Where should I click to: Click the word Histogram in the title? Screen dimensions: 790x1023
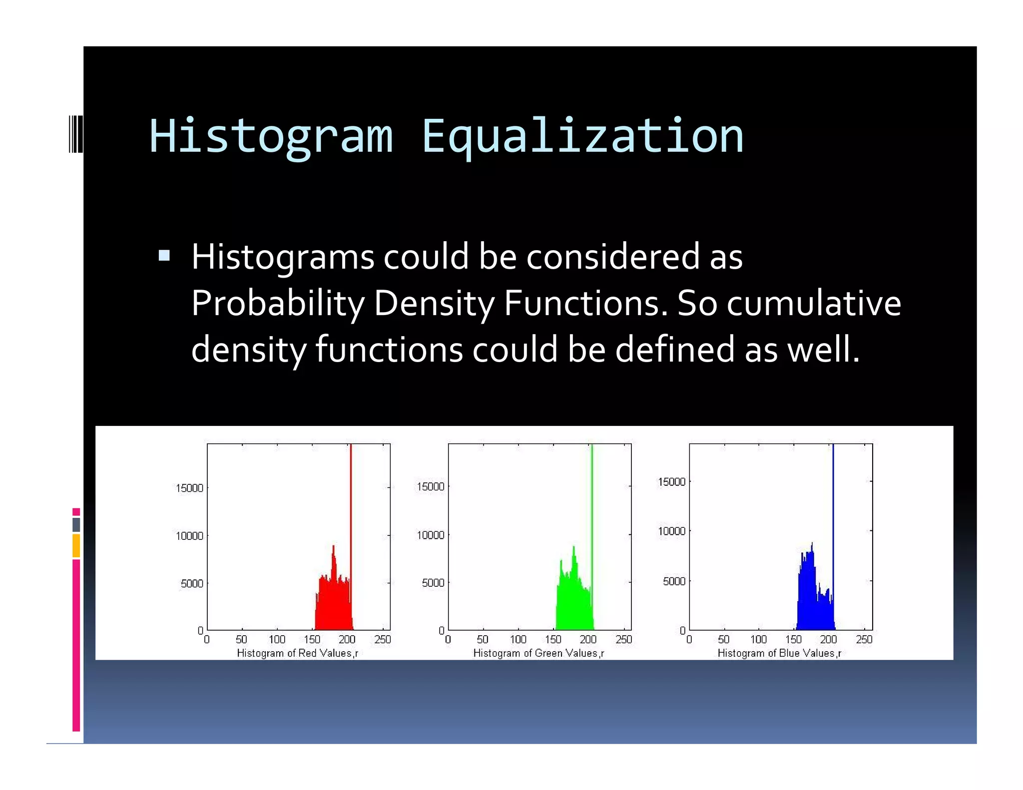click(271, 136)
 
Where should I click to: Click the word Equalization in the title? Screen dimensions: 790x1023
click(582, 136)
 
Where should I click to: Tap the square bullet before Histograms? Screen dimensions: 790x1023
click(164, 256)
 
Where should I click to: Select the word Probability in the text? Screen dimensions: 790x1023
click(278, 303)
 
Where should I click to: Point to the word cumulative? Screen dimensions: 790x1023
click(814, 303)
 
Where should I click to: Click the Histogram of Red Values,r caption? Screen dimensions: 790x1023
click(297, 653)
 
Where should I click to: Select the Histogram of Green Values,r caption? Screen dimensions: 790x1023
click(538, 653)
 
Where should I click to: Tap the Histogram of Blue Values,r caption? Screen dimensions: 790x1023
click(779, 653)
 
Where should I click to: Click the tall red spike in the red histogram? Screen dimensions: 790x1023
click(351, 499)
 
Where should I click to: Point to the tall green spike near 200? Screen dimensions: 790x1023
click(592, 499)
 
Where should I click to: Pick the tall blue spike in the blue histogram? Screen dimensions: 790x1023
click(833, 499)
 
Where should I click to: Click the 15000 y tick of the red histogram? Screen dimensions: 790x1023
click(189, 488)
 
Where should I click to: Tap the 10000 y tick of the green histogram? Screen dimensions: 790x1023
click(430, 535)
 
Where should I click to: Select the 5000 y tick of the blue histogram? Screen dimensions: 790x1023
click(674, 581)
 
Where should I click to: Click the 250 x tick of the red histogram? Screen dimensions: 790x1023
click(383, 639)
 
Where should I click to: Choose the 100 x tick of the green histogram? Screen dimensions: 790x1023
click(518, 639)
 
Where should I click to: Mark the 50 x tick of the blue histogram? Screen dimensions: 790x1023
click(723, 639)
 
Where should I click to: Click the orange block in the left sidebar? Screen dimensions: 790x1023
click(76, 545)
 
